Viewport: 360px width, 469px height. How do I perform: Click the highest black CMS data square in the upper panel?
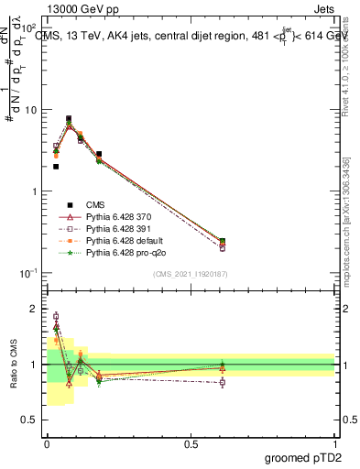click(x=69, y=118)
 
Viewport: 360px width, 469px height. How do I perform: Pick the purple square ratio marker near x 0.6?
click(x=223, y=382)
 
